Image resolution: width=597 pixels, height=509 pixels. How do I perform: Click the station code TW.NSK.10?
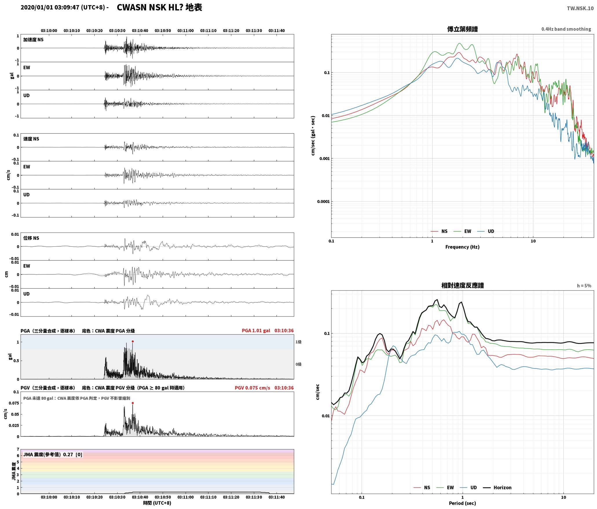coord(580,8)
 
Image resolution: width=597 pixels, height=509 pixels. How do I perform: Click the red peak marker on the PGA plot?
coord(133,342)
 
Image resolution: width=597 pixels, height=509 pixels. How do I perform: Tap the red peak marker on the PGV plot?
coord(133,403)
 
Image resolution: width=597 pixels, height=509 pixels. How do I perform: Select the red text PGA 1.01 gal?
coord(256,331)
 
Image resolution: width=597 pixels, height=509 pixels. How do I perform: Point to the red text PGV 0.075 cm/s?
coord(252,388)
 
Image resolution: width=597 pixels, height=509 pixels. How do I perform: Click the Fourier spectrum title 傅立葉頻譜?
coord(462,29)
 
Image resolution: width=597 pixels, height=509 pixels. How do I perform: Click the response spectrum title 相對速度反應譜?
coord(462,285)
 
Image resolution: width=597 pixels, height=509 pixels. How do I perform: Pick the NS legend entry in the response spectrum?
coord(422,488)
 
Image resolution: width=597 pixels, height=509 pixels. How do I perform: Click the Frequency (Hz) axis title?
coord(462,247)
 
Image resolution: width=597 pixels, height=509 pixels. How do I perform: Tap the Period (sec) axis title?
coord(462,503)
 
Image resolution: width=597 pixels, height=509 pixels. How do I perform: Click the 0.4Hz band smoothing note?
coord(566,29)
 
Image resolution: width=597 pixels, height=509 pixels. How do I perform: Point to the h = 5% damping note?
coord(584,286)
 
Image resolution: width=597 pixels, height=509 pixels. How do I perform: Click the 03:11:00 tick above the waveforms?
coord(186,31)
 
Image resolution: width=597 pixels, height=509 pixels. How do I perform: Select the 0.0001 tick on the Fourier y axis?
coord(323,202)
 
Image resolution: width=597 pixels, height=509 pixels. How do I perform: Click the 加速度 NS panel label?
coord(33,40)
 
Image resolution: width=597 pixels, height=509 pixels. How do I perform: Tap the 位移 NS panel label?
coord(31,238)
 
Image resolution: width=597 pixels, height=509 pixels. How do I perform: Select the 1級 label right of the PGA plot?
coord(298,342)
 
